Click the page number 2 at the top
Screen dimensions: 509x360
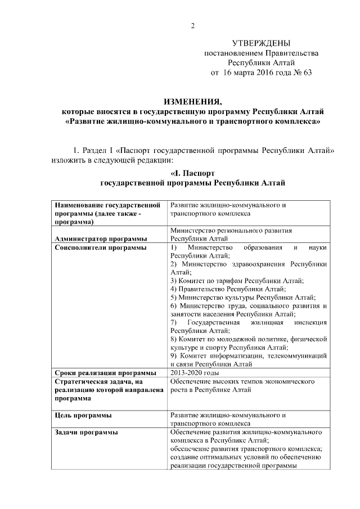(192, 25)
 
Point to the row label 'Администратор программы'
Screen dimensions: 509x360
(101, 238)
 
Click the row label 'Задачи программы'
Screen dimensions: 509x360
(86, 432)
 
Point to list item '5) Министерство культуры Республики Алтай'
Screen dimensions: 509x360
(242, 298)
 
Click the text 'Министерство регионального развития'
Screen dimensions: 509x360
(231, 231)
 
